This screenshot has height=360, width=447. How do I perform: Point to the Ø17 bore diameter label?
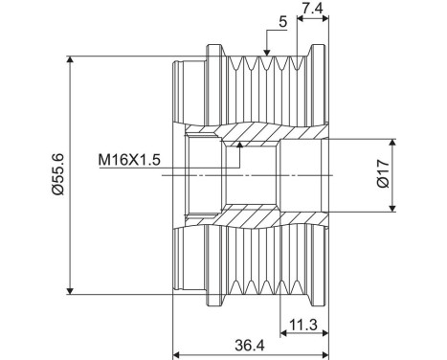click(x=382, y=175)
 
